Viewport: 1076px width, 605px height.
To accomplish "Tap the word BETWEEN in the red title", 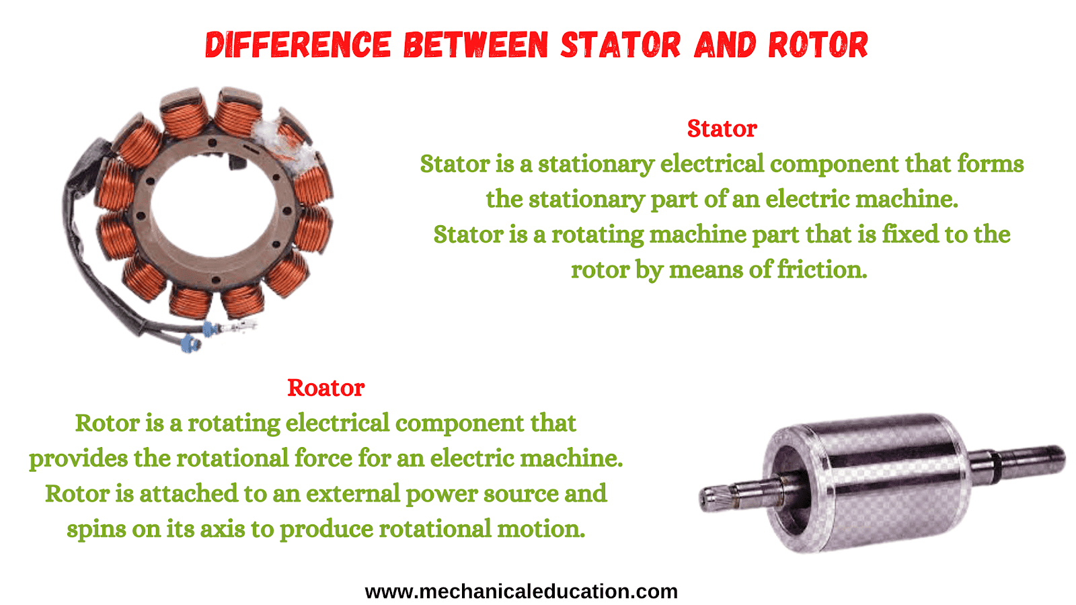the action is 475,44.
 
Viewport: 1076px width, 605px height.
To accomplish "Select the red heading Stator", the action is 722,128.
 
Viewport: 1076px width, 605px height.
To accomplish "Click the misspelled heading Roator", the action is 325,388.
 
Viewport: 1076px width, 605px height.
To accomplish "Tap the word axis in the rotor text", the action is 223,528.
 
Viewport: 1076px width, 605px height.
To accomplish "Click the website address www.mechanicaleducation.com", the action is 521,591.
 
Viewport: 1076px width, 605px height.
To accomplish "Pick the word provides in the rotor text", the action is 78,458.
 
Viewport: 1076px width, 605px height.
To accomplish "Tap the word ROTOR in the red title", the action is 818,44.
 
